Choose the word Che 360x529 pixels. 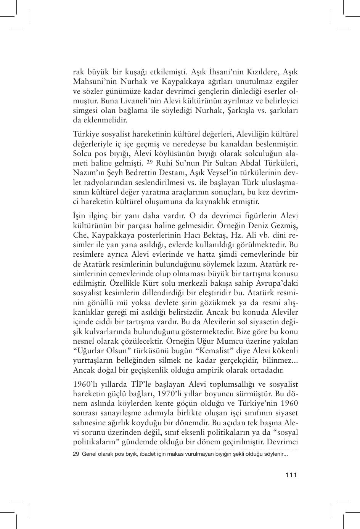pyautogui.click(x=80, y=235)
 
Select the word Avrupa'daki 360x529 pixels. pyautogui.click(x=278, y=283)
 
